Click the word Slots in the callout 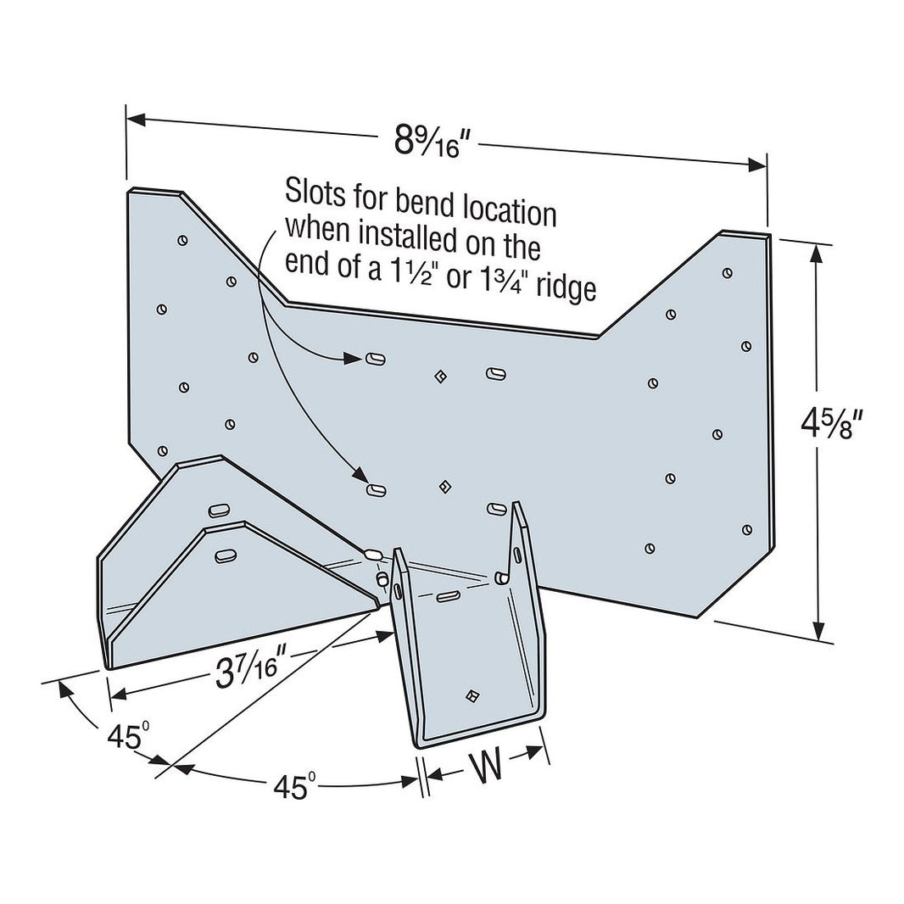313,189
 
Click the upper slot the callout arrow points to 376,360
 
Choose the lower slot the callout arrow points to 376,489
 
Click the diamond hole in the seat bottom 472,695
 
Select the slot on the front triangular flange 225,556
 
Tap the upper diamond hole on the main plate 440,374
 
